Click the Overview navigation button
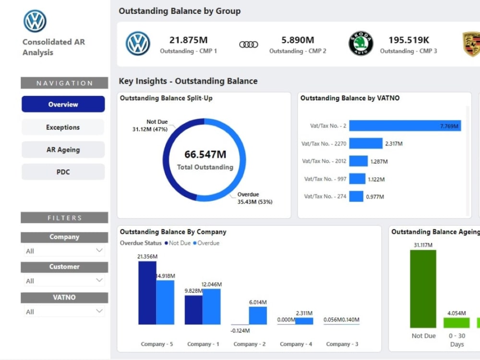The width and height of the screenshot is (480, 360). click(63, 104)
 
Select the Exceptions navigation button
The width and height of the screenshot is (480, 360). click(63, 127)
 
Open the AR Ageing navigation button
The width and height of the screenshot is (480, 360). click(63, 150)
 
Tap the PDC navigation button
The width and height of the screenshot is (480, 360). click(63, 172)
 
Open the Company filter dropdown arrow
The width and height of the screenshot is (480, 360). click(99, 251)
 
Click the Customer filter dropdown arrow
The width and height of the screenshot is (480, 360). click(99, 280)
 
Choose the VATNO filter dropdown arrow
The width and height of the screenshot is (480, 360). click(99, 311)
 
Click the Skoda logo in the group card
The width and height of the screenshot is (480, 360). click(361, 44)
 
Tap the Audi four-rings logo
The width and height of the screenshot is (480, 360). click(249, 45)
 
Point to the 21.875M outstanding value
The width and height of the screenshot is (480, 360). click(189, 40)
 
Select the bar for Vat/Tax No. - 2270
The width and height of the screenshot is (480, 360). click(366, 143)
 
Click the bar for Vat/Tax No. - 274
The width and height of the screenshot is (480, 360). click(356, 196)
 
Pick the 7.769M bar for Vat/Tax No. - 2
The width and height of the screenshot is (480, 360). click(405, 125)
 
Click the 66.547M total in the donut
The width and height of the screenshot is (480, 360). click(205, 154)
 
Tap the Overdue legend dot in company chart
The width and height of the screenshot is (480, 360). click(195, 243)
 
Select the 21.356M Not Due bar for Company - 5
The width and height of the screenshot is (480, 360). click(147, 293)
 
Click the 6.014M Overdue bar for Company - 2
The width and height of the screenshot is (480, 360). click(258, 316)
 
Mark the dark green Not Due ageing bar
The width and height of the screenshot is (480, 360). click(423, 289)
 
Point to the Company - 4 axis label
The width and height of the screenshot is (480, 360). click(296, 344)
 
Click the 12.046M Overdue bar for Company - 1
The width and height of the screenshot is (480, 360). click(212, 306)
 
